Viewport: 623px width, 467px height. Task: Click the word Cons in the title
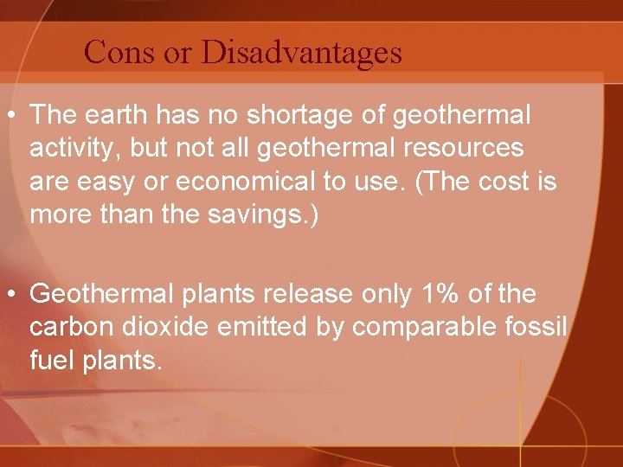pyautogui.click(x=119, y=53)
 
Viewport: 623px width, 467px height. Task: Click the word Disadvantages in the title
pyautogui.click(x=302, y=53)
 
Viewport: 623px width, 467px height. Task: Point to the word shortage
pyautogui.click(x=287, y=114)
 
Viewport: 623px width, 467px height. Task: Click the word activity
pyautogui.click(x=74, y=148)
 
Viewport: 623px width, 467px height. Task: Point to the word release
pyautogui.click(x=307, y=294)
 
